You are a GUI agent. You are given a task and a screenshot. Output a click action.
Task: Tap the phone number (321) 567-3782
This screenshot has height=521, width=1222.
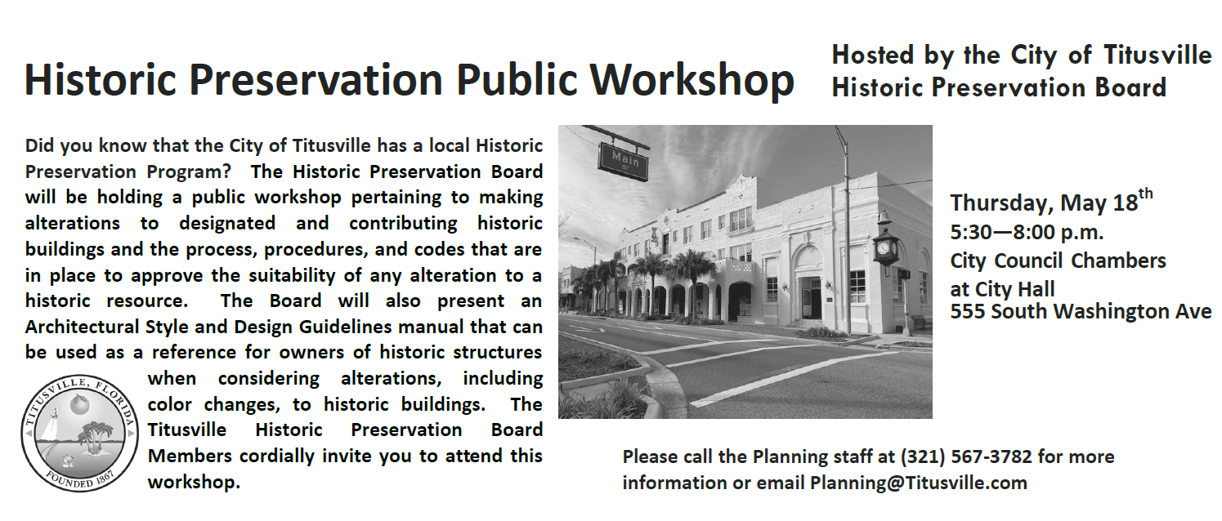966,456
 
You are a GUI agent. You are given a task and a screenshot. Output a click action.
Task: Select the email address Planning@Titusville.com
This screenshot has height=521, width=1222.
919,483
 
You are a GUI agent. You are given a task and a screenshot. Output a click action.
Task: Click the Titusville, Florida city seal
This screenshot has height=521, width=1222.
79,434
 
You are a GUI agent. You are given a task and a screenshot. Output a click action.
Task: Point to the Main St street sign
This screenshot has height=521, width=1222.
624,161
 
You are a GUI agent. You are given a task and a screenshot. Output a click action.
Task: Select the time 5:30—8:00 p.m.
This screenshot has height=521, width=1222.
1027,232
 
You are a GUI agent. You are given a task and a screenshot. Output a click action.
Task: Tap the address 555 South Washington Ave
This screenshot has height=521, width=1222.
1081,311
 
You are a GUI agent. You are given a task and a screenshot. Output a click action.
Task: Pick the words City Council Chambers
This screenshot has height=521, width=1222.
1058,260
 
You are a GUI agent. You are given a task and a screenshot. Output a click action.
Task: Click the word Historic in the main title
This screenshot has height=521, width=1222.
101,80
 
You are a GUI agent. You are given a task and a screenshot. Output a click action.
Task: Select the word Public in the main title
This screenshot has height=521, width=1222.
517,80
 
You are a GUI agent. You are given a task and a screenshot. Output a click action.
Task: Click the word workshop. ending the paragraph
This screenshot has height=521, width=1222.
194,483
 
